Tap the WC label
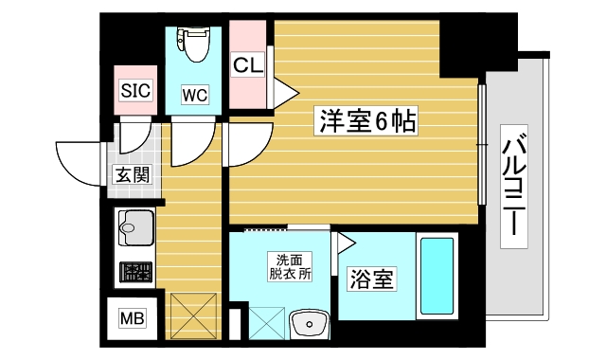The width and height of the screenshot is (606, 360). tap(195, 94)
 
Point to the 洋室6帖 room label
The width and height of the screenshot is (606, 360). tap(365, 121)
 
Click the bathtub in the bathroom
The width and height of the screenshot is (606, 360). tap(437, 278)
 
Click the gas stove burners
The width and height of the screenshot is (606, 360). tap(134, 273)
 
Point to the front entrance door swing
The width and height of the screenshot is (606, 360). tap(80, 161)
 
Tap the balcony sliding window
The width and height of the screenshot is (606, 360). tap(482, 152)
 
